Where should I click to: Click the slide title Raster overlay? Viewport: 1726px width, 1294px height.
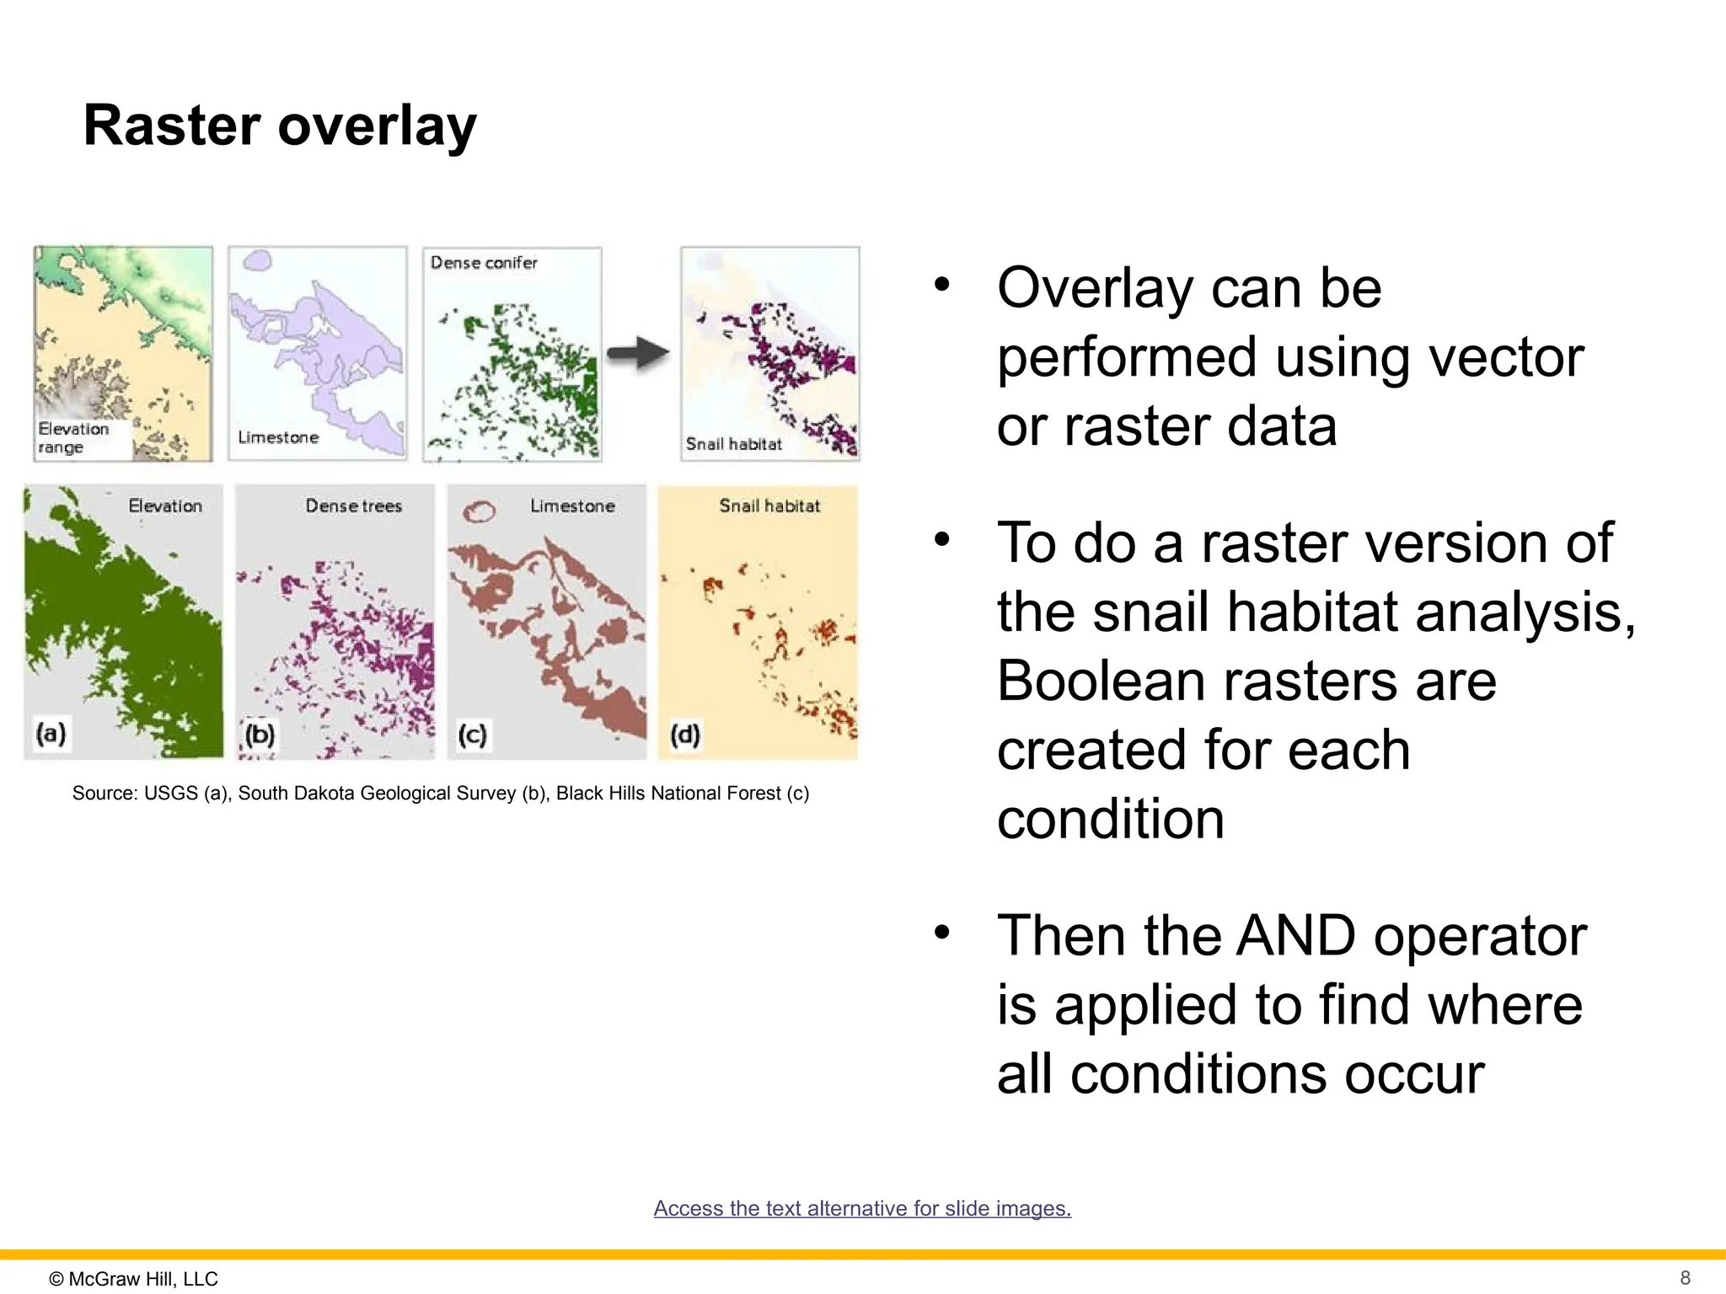280,126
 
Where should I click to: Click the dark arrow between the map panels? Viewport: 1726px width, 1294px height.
638,353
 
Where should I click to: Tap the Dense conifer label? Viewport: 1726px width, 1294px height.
484,263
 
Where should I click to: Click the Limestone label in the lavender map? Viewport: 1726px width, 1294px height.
278,437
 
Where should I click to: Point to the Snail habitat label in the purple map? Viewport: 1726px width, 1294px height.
733,444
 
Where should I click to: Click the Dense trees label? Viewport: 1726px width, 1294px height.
353,506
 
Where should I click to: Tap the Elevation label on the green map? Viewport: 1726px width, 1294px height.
165,506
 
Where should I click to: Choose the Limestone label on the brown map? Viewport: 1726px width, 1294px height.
572,506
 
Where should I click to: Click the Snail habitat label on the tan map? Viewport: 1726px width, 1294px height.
769,506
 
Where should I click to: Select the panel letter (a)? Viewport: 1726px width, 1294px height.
51,733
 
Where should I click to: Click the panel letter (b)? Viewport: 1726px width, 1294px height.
260,735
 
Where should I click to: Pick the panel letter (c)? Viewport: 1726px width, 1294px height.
472,735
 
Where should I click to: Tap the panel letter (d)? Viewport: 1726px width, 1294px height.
684,735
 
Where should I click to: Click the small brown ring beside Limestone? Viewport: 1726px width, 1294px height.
480,511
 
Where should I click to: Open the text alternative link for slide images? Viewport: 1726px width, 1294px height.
862,1208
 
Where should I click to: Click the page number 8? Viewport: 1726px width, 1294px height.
1685,1277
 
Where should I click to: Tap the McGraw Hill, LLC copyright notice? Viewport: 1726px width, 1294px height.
134,1279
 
